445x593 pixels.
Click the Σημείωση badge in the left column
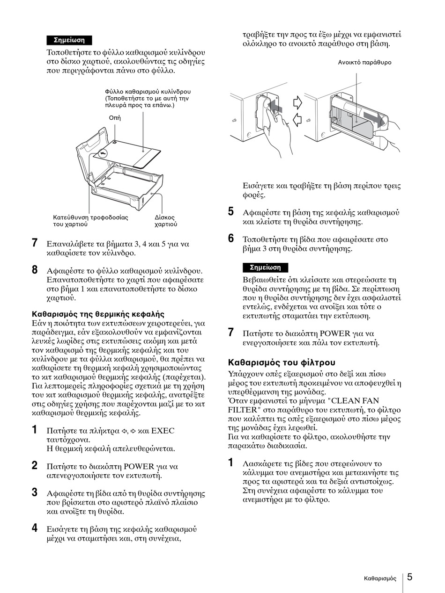pos(69,40)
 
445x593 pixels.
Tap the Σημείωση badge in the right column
pos(265,268)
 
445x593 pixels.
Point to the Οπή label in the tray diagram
pos(115,118)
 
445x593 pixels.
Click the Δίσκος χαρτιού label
pos(166,221)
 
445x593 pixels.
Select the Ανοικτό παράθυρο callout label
pos(365,62)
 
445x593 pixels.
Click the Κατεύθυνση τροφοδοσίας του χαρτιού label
pos(90,221)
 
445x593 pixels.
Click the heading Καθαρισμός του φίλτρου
pos(282,362)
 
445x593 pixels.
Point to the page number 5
pos(409,577)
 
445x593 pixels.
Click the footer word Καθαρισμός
pos(380,579)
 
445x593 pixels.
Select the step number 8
pos(35,270)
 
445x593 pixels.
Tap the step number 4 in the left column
pos(35,528)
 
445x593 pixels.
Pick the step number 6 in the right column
pos(231,239)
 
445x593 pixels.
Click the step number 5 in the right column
pos(231,211)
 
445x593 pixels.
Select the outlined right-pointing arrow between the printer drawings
pos(297,102)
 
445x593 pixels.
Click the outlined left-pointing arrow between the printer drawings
pos(297,120)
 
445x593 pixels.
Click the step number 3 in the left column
pos(35,492)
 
